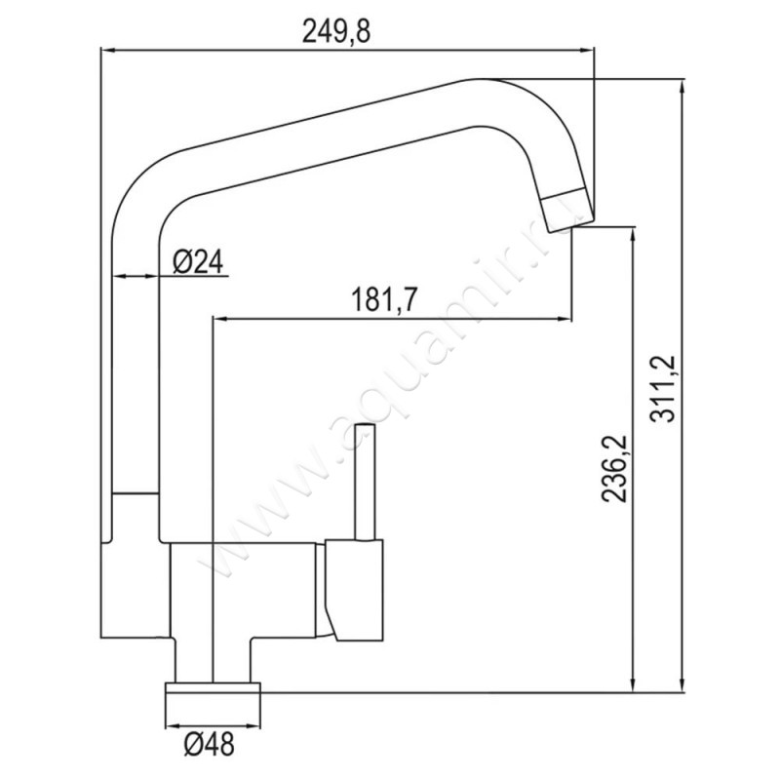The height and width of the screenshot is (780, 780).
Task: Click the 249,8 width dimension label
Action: tap(336, 33)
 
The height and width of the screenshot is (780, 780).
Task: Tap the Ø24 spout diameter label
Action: tap(198, 261)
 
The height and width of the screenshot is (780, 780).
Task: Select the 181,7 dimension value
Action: tap(383, 300)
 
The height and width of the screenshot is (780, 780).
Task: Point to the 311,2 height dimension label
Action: tap(663, 388)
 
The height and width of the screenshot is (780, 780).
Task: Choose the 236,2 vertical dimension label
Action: tap(615, 469)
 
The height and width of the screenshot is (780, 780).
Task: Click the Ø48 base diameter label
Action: tap(209, 744)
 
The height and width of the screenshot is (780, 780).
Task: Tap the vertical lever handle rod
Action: tap(365, 482)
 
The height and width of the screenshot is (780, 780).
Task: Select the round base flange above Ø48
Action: tap(213, 687)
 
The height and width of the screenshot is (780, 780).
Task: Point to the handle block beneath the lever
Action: tap(354, 590)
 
